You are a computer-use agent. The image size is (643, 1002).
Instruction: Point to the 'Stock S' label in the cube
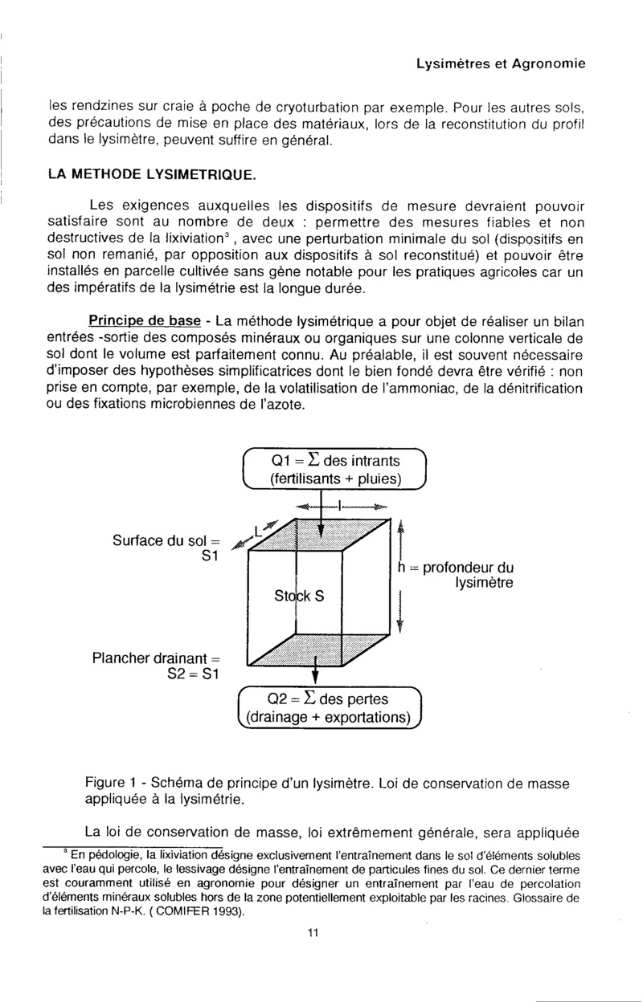tap(298, 597)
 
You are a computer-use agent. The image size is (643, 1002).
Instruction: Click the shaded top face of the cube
tap(321, 533)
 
